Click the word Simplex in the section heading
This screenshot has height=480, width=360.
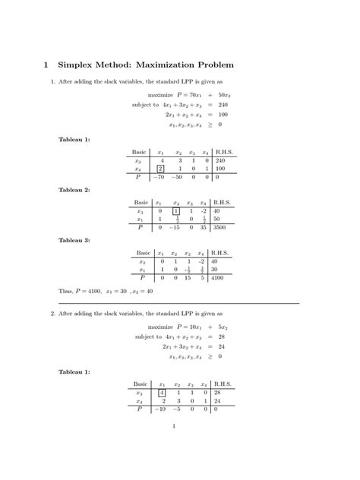[78, 65]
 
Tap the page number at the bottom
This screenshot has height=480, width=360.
[175, 426]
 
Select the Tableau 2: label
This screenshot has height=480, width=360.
[74, 190]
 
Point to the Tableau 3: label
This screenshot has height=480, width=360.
[74, 240]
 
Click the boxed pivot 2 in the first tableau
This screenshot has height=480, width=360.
[161, 169]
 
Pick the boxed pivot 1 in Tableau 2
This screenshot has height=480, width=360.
[176, 211]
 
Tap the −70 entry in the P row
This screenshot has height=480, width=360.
[159, 177]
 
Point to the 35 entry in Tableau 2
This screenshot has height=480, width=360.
[204, 227]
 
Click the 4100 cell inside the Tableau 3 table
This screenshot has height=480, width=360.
[219, 277]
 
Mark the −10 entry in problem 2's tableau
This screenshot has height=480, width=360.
[160, 408]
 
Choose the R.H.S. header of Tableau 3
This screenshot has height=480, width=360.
[219, 253]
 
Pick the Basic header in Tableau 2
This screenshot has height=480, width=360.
[141, 203]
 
